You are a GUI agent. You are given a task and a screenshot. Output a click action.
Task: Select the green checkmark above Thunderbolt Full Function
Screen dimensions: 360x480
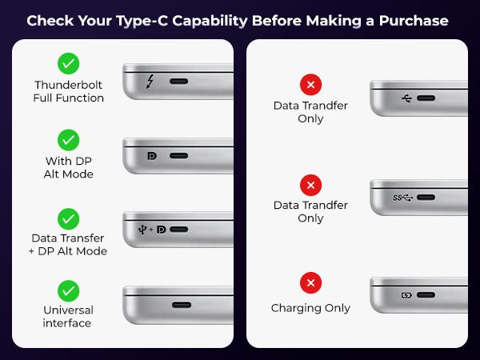[x=69, y=63]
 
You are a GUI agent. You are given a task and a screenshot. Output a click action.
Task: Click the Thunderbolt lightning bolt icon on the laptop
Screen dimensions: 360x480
[x=150, y=82]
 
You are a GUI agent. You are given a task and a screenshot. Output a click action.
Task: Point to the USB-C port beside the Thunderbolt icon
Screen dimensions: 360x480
[x=178, y=82]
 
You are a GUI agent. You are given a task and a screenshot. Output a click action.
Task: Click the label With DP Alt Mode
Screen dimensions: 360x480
[x=69, y=167]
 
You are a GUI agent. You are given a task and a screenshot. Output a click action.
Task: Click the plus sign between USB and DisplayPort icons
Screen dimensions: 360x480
[x=150, y=230]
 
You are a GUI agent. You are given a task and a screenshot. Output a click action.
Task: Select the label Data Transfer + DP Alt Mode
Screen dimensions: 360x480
[x=69, y=244]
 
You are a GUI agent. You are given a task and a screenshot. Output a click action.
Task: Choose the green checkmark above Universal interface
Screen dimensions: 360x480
[x=69, y=290]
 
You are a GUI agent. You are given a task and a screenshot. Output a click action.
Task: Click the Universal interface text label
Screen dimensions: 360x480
[x=69, y=316]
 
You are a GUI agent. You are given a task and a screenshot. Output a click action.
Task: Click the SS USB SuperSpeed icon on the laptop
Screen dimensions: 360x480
[x=404, y=197]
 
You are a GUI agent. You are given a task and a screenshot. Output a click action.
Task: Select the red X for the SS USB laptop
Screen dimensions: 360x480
[x=310, y=186]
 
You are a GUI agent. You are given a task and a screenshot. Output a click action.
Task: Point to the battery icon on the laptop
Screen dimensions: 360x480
[x=406, y=295]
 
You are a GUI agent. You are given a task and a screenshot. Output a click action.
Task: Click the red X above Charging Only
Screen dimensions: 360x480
[x=310, y=283]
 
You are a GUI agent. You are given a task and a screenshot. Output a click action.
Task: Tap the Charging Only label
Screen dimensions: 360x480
[x=310, y=308]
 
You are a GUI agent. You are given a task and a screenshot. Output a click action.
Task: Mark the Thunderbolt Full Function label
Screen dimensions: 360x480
[x=69, y=91]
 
